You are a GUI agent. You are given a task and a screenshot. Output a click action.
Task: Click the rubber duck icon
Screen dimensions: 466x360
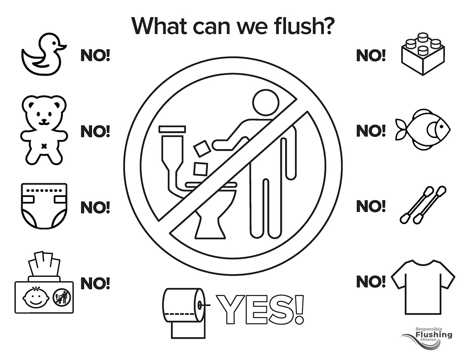pos(43,55)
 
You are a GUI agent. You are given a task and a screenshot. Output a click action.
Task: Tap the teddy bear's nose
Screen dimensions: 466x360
pos(44,120)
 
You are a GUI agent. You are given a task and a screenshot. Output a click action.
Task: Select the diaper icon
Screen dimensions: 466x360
pos(44,206)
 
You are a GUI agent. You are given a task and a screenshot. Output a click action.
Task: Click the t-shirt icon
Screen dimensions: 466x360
pos(423,287)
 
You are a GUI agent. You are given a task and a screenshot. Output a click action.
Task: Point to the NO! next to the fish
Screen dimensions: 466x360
pos(371,130)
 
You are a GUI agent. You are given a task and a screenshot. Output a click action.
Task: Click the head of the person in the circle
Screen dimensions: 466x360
pos(266,103)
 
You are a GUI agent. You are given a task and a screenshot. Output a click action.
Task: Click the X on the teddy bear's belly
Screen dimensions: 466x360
pos(44,146)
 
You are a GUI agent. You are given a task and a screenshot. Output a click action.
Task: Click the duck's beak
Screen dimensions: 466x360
pos(63,47)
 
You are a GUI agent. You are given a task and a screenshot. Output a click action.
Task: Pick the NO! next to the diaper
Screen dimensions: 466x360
pos(95,207)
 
